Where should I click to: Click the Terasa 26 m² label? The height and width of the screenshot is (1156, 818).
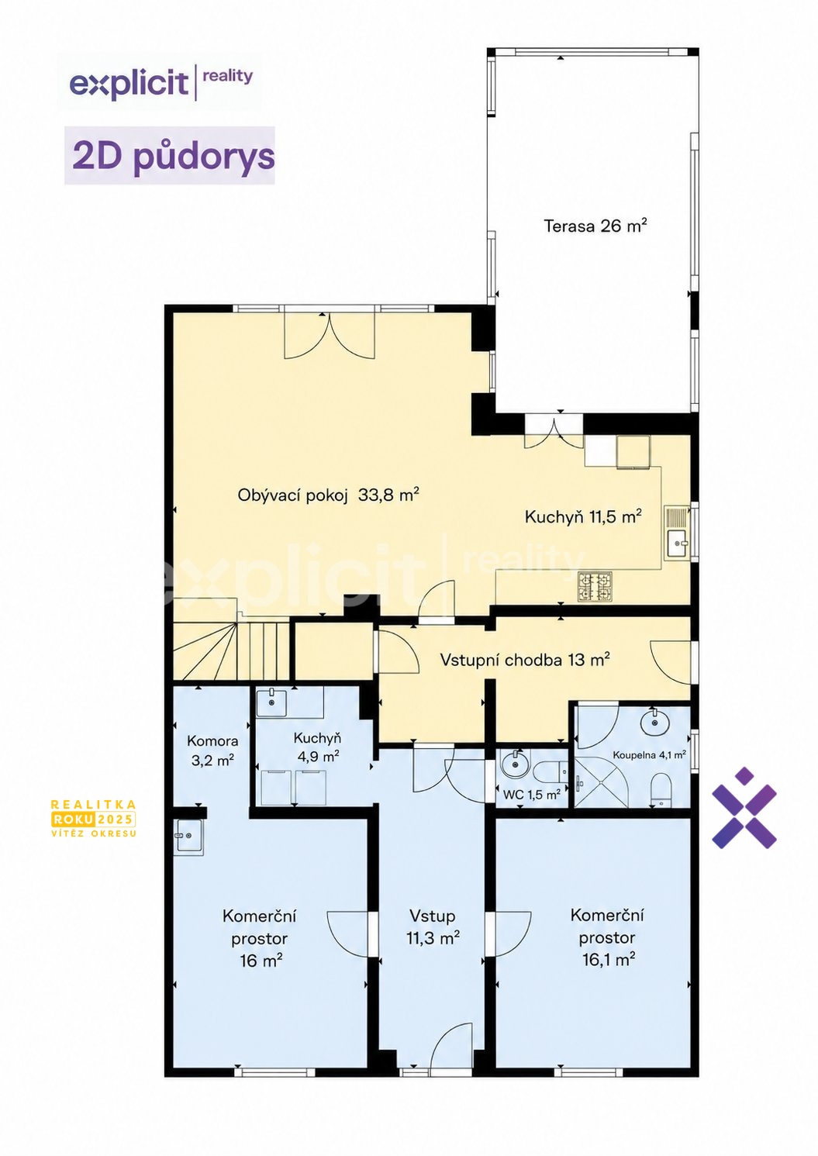coord(595,226)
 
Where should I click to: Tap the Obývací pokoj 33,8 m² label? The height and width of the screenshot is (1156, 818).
coord(328,495)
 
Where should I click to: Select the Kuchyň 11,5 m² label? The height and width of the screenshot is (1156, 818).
coord(583,517)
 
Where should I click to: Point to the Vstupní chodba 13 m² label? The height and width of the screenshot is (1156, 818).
coord(526,660)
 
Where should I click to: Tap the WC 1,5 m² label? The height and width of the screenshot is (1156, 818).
coord(531,795)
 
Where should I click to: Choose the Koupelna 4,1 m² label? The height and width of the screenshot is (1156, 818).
coord(649,755)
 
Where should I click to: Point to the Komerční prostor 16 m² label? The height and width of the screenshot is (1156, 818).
coord(259,938)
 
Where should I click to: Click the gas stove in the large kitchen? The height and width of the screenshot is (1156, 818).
coord(595,587)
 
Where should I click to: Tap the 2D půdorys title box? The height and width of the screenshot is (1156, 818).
coord(169,155)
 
